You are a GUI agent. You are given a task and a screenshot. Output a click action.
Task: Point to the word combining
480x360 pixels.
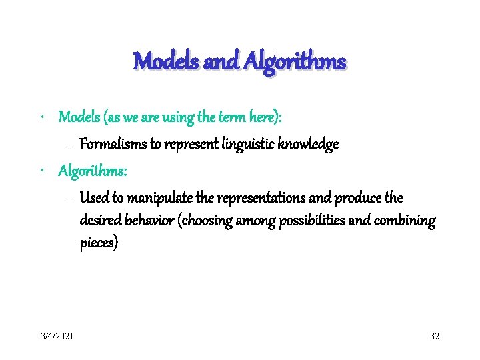406,221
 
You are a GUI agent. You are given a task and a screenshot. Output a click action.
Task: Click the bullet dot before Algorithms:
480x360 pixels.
42,171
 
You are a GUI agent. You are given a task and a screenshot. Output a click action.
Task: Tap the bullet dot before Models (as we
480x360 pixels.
42,117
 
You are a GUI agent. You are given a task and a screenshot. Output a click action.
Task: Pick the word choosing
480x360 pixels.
212,221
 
